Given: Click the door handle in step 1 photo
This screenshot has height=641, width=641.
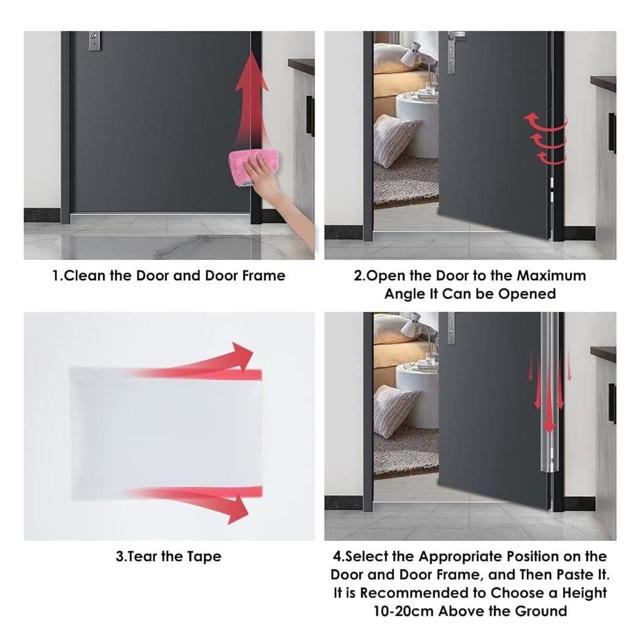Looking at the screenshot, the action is click(x=94, y=41).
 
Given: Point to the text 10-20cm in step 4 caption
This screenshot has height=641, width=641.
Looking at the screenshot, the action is click(x=404, y=611).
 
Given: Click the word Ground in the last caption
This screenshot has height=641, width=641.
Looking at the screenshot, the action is click(x=541, y=611).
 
